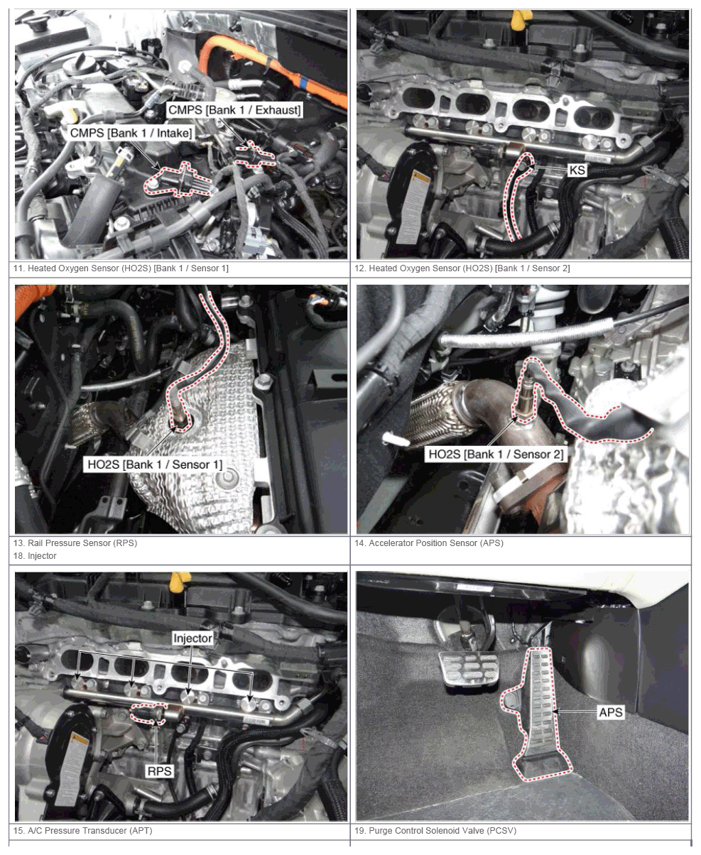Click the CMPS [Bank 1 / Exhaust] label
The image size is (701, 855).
(x=234, y=110)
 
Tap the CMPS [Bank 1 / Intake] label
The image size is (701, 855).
(x=131, y=133)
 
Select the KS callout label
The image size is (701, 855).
(x=577, y=170)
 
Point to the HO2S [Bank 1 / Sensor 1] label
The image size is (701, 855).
(x=155, y=464)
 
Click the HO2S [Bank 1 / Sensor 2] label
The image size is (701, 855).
(x=496, y=454)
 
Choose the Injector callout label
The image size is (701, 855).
(x=192, y=638)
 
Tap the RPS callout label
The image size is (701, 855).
(x=159, y=771)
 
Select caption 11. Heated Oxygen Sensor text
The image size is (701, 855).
(x=121, y=268)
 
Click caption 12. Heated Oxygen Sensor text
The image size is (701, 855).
(x=462, y=268)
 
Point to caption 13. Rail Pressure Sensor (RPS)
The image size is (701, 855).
(x=75, y=543)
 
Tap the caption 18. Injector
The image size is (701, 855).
(x=35, y=556)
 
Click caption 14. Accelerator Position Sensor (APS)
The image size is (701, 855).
(x=429, y=543)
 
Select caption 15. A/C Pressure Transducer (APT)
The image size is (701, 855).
(x=82, y=831)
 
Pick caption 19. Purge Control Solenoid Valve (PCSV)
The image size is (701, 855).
(x=435, y=831)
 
